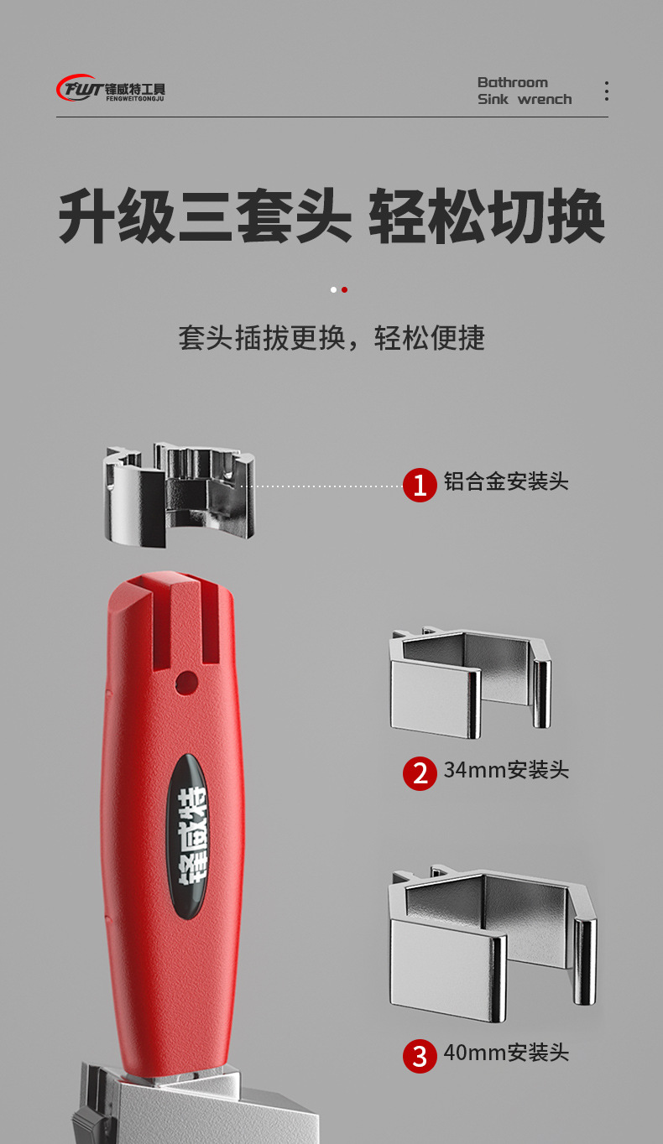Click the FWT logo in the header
point(111,89)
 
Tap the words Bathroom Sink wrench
point(524,91)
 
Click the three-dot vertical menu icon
point(606,91)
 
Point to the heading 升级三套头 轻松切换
point(331,217)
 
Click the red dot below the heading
point(344,289)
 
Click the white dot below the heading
point(333,289)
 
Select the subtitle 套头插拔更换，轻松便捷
point(331,338)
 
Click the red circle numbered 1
point(420,485)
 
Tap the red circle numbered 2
point(420,772)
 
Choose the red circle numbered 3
point(420,1055)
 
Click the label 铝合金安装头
point(506,481)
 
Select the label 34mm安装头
point(506,770)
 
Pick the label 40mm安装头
point(506,1053)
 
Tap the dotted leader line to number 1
point(323,486)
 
